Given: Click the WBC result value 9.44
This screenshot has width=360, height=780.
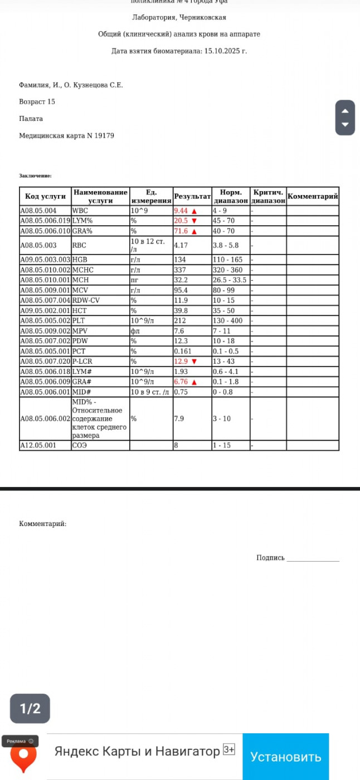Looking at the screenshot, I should [x=181, y=211].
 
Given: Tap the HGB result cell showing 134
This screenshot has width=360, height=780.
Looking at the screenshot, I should [x=180, y=260].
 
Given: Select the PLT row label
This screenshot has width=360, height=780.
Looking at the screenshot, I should [x=78, y=321].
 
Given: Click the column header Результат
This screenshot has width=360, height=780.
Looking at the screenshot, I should [x=192, y=197].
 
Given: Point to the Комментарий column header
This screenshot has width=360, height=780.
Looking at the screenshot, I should [x=313, y=197].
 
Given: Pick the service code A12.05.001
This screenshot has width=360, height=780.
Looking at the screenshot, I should [x=38, y=446].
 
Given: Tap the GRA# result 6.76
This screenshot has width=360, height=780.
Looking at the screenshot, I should [x=181, y=382].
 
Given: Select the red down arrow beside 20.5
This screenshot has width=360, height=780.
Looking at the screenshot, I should [x=194, y=221].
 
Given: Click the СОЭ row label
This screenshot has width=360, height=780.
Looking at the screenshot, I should [x=80, y=446].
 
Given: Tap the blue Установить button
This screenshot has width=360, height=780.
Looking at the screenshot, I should [x=285, y=757].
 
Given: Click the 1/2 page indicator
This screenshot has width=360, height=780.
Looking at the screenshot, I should [x=30, y=708].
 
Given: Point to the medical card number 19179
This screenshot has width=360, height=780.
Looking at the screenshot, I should [x=104, y=135].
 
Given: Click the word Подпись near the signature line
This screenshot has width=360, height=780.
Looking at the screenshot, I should [x=270, y=558].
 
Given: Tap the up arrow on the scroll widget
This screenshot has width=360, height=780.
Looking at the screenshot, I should [x=345, y=110].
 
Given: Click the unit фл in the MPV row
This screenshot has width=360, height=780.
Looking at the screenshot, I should [x=134, y=331].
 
